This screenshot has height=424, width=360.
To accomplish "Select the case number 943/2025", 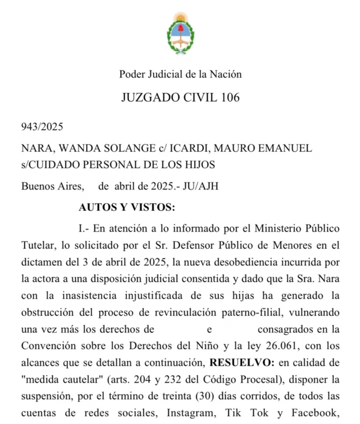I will tap(41, 127).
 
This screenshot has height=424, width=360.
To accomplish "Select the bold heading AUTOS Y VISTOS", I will tap(126, 207).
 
